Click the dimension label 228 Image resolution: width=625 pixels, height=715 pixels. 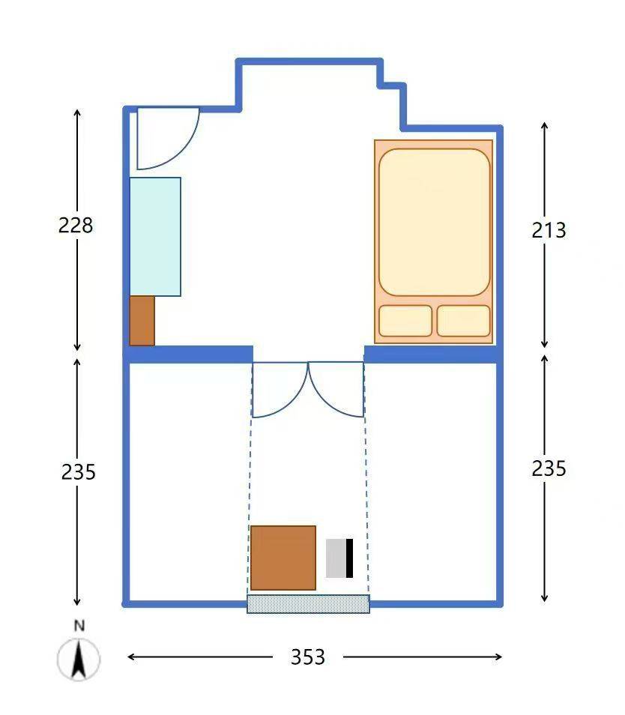(x=76, y=226)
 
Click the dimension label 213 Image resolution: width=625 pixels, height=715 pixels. (x=549, y=230)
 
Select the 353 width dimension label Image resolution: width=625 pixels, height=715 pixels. (x=308, y=657)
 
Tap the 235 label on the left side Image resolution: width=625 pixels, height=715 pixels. (x=79, y=472)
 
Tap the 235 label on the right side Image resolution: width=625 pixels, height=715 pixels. (x=549, y=468)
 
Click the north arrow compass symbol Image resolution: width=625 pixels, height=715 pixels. (x=79, y=659)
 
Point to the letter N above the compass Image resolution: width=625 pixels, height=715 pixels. (x=79, y=626)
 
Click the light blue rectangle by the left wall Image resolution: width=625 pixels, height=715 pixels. (x=155, y=237)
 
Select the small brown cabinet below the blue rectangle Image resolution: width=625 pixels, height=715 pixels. (x=142, y=321)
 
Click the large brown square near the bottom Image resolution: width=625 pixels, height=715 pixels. (x=283, y=558)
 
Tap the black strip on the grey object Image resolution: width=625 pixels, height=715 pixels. (x=350, y=558)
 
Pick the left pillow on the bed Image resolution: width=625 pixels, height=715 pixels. (x=405, y=321)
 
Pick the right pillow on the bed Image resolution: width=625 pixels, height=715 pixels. (x=464, y=321)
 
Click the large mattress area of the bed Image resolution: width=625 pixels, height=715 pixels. (x=435, y=222)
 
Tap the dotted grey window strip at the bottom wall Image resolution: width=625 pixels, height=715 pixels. (x=308, y=604)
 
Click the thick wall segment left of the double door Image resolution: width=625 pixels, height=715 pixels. (x=189, y=355)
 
